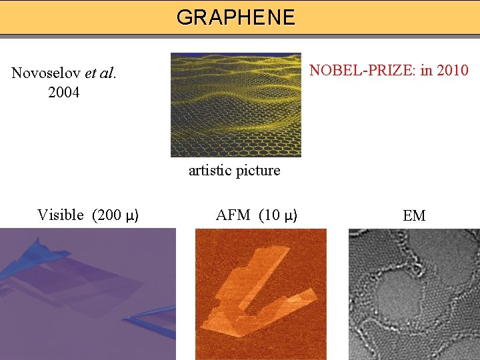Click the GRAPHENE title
[235, 17]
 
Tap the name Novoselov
[46, 73]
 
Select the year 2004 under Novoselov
[64, 93]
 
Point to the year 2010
[453, 70]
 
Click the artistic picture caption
[234, 171]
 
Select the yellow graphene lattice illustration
[235, 105]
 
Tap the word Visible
[61, 215]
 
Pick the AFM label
[233, 215]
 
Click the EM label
[414, 215]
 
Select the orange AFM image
[261, 294]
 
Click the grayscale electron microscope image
[414, 294]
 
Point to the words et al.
[101, 73]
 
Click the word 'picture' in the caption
[258, 171]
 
